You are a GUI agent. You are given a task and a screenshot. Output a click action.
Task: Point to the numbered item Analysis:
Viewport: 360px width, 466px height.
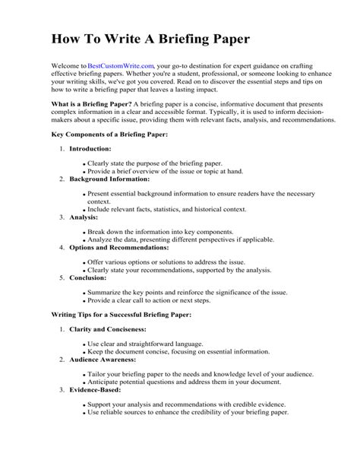[84, 217]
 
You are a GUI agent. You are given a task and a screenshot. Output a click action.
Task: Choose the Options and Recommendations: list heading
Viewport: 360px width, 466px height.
[120, 247]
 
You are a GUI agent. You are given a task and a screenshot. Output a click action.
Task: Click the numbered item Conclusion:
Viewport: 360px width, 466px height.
[88, 277]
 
